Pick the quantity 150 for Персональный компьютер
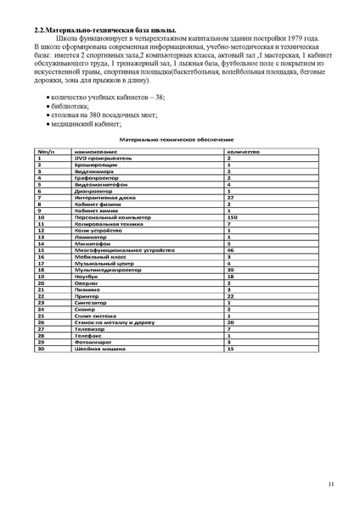click(232, 217)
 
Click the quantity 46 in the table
click(230, 250)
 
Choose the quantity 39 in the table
click(230, 270)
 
